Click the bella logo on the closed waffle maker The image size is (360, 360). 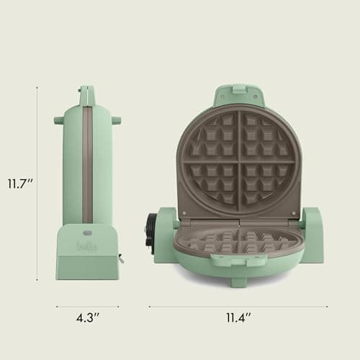coord(85,245)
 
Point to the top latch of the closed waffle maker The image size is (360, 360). coord(86,93)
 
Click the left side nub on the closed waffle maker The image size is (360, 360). coord(58,120)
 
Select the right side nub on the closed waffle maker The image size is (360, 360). coord(115,120)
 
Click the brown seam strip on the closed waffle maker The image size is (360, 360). coord(86,166)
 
